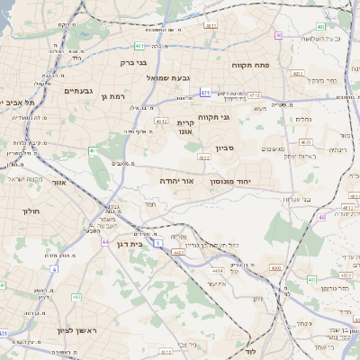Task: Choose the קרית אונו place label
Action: tap(184, 127)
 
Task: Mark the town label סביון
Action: tap(224, 149)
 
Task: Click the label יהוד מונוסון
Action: tap(253, 181)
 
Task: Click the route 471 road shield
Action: tap(205, 92)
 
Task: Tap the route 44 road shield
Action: tap(105, 242)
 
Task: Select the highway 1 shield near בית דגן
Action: tap(158, 244)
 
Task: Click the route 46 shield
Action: tap(321, 217)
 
